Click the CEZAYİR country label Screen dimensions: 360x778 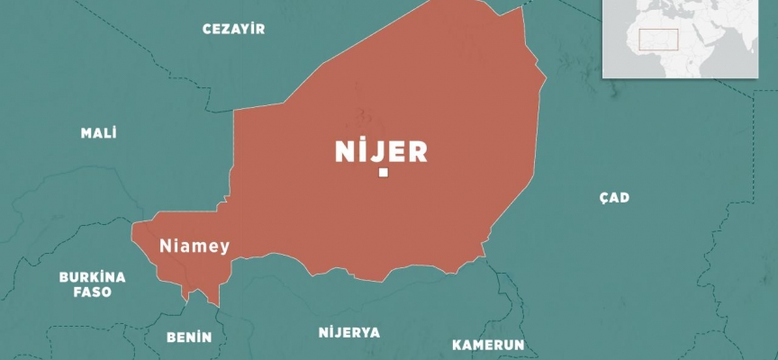[x=233, y=29]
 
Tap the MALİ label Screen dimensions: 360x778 [x=99, y=133]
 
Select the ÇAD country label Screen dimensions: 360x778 [x=613, y=198]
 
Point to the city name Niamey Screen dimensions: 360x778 [x=194, y=245]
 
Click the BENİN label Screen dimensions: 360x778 [x=189, y=337]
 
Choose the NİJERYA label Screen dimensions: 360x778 [x=349, y=332]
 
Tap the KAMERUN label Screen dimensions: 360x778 [x=488, y=346]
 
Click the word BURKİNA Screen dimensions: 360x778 [x=92, y=277]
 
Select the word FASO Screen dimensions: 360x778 [x=92, y=292]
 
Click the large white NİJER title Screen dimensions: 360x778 [x=381, y=152]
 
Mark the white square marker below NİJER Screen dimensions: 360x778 [x=384, y=173]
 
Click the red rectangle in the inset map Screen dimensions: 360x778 [x=658, y=40]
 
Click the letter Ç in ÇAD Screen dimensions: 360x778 [x=602, y=198]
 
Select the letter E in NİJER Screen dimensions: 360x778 [x=396, y=152]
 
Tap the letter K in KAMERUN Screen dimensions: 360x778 [x=457, y=346]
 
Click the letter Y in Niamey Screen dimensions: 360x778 [x=224, y=247]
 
